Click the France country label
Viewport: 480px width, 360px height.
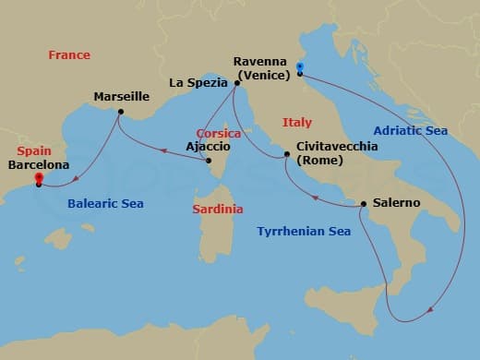pyautogui.click(x=69, y=55)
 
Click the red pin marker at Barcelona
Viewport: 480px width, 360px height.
pyautogui.click(x=39, y=179)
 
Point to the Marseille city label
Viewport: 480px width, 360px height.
pyautogui.click(x=121, y=95)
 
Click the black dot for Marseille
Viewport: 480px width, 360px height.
pyautogui.click(x=121, y=113)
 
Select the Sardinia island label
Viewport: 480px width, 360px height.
pyautogui.click(x=218, y=210)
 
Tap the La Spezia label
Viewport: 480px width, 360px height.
pyautogui.click(x=198, y=83)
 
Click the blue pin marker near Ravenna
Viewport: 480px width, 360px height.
pyautogui.click(x=300, y=68)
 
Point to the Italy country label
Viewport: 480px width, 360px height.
pyautogui.click(x=297, y=122)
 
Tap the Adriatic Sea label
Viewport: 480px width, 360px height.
pyautogui.click(x=410, y=131)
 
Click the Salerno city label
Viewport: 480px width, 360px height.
pyautogui.click(x=397, y=203)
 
